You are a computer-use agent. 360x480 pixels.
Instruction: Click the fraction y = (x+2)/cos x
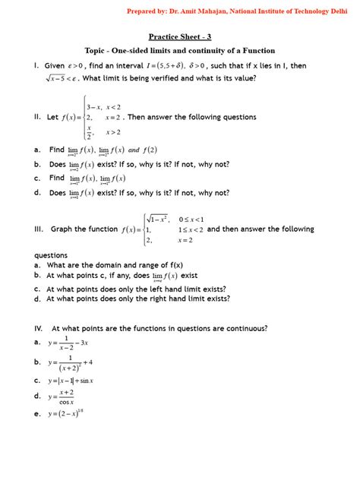click(x=64, y=396)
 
